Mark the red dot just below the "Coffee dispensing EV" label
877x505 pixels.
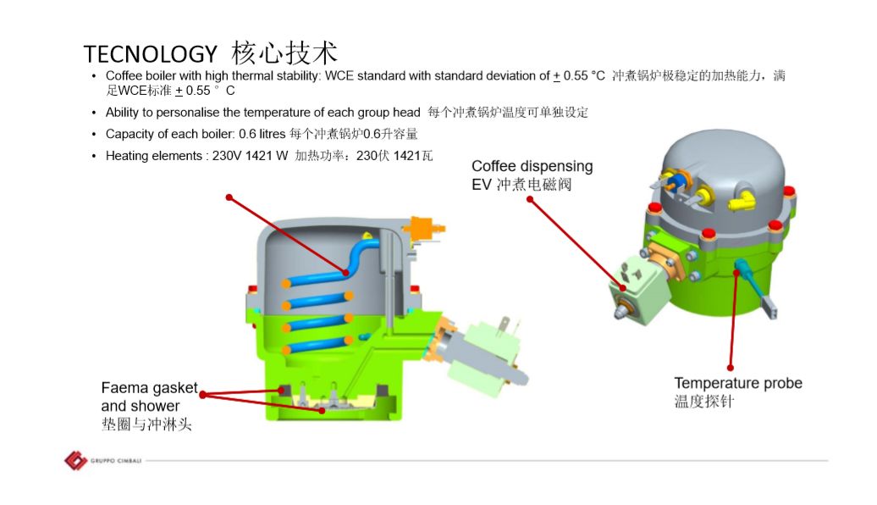[530, 199]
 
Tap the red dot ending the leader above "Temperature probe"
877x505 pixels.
[730, 368]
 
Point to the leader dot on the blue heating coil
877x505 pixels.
[345, 273]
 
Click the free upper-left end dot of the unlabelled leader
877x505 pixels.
[229, 197]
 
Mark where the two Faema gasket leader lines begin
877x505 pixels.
[202, 395]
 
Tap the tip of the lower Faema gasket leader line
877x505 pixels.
[322, 410]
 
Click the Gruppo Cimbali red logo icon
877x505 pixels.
[75, 460]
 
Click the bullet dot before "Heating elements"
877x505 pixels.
[93, 156]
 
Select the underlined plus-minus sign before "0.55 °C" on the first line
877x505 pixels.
[556, 76]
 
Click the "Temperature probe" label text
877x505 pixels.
[737, 383]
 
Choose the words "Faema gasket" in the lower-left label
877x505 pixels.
[149, 388]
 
